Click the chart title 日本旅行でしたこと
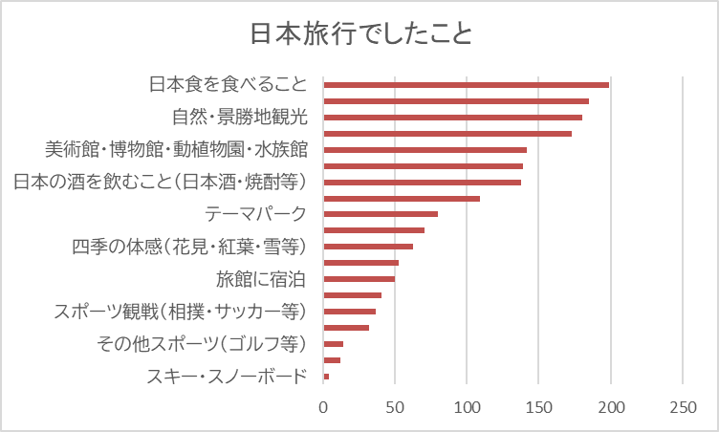[360, 35]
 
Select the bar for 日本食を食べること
[466, 85]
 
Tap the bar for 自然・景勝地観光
[452, 118]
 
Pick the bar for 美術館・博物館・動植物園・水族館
[425, 150]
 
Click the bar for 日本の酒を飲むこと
[422, 183]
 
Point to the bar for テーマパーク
[381, 214]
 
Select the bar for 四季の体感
[368, 247]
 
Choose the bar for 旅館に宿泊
[359, 279]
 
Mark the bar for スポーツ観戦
[349, 312]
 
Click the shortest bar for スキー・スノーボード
[326, 377]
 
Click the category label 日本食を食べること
[229, 85]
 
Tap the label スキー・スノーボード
[228, 377]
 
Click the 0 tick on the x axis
[323, 406]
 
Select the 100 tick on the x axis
[467, 406]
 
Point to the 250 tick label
[683, 406]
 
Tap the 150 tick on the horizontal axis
[538, 406]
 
